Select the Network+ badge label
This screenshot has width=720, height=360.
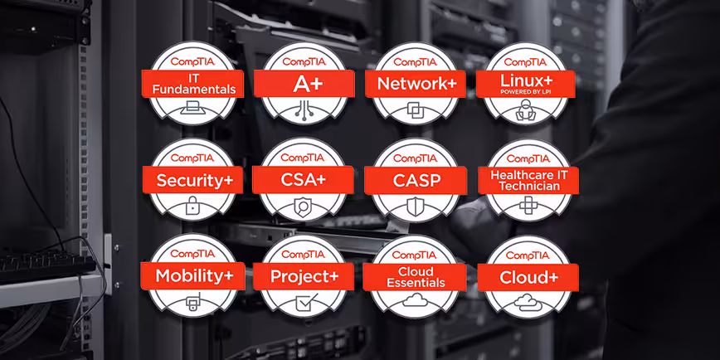[416, 83]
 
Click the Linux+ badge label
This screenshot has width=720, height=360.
[527, 80]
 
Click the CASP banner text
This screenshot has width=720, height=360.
[416, 180]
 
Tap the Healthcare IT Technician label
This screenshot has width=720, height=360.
[527, 180]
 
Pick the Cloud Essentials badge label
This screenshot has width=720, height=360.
[416, 276]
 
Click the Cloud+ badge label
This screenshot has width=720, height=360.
[527, 276]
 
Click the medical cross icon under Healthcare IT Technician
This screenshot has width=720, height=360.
[527, 206]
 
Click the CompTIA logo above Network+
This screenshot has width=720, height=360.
[416, 61]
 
